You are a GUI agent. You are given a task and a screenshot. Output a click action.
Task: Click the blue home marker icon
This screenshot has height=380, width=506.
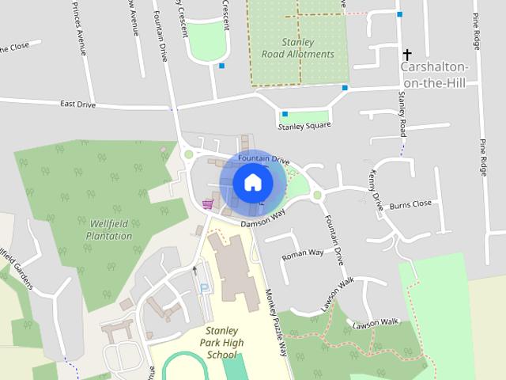[x=252, y=182]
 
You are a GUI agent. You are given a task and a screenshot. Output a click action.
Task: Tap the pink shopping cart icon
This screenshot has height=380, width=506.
[x=207, y=204]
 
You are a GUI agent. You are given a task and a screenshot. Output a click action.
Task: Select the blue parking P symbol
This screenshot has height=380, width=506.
[x=206, y=289]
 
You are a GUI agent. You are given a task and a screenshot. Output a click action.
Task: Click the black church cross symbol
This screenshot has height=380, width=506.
[x=407, y=55]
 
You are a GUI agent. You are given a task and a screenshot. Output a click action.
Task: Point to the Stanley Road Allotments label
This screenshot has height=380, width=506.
[x=298, y=47]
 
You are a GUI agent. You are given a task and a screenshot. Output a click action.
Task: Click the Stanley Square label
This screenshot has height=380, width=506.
[x=304, y=126]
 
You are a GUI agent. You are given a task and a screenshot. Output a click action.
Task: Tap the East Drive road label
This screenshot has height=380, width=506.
[x=77, y=104]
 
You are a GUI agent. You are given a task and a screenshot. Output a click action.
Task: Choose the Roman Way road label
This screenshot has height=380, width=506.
[x=304, y=253]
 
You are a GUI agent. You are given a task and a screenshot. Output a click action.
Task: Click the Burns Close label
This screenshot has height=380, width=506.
[x=411, y=203]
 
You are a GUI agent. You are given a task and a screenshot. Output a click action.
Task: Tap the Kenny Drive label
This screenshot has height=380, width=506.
[x=377, y=191]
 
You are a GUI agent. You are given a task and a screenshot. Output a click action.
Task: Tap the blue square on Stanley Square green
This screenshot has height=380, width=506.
[x=284, y=113]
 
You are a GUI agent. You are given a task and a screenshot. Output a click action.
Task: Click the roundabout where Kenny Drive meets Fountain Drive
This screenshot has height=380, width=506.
[x=317, y=196]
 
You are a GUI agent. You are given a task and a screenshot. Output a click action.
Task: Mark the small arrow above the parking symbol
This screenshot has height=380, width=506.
[x=194, y=270]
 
